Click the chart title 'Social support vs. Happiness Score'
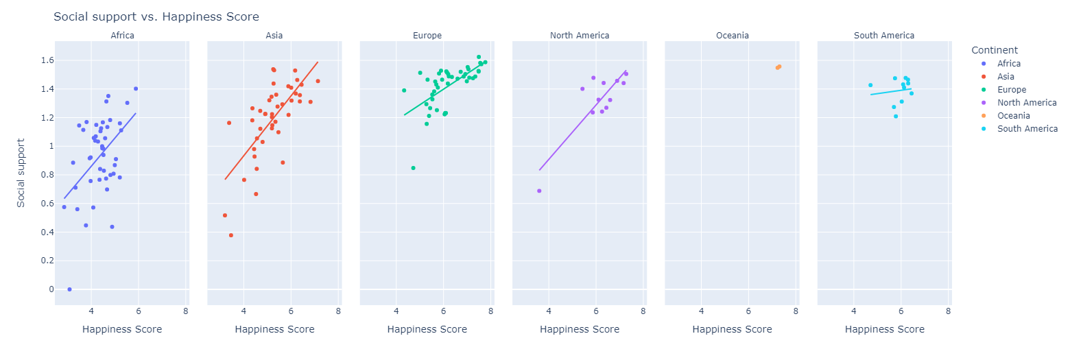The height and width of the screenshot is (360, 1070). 156,16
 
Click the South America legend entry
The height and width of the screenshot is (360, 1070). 1027,129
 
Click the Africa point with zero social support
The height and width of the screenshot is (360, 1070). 69,289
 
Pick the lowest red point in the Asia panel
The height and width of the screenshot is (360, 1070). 231,235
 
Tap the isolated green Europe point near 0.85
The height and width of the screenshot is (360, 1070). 413,168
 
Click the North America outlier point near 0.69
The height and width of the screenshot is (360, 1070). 539,191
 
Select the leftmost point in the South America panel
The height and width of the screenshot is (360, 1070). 870,86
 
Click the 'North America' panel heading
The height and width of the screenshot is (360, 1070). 579,36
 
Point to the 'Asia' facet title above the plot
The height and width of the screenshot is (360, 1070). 274,36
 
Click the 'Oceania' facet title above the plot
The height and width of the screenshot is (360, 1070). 732,36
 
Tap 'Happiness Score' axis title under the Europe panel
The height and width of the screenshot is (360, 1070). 427,330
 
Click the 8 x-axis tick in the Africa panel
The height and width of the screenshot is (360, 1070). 186,311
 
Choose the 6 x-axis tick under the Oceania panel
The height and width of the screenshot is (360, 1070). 748,311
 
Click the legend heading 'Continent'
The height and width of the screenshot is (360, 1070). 994,50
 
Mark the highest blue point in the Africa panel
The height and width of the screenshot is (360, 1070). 136,88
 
